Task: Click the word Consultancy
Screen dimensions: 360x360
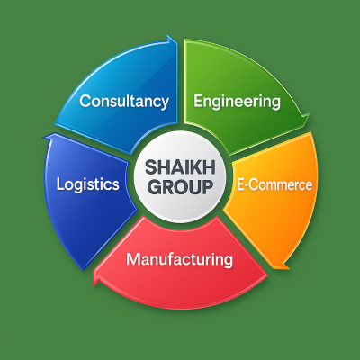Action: [x=124, y=102]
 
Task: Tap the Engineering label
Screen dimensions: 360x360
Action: [x=237, y=102]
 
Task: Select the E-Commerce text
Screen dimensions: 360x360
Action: [x=274, y=184]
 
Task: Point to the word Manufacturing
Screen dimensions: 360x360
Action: [x=179, y=260]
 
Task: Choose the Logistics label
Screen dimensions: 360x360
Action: [x=88, y=184]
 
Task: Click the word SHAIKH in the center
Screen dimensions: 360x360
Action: [x=180, y=167]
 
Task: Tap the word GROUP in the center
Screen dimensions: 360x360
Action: [x=181, y=187]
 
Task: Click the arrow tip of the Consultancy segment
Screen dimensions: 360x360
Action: [x=177, y=42]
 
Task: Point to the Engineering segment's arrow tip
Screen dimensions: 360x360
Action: [x=309, y=115]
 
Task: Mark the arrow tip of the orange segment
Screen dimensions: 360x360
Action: [x=286, y=268]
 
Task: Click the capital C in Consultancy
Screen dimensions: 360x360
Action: [x=85, y=101]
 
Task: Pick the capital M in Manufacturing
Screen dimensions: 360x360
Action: [x=133, y=259]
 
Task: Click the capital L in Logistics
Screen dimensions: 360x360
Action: [x=60, y=184]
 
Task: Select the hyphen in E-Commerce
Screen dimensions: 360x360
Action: [x=247, y=186]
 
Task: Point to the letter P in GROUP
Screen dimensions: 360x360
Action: [x=207, y=187]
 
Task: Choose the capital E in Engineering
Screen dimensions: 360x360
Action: [x=198, y=101]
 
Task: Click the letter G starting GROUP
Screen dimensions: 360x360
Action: [x=155, y=187]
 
